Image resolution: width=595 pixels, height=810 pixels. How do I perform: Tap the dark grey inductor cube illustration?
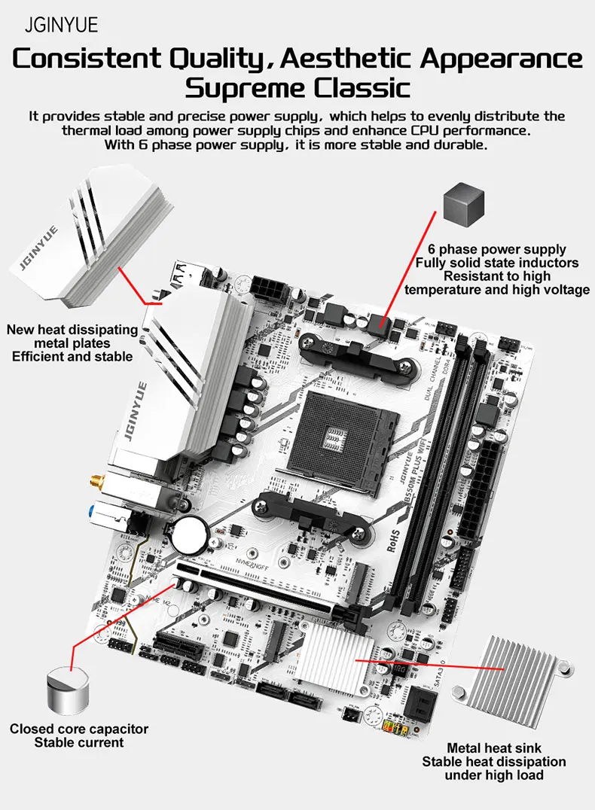coord(464,201)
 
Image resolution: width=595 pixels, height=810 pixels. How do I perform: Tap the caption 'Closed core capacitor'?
coord(79,729)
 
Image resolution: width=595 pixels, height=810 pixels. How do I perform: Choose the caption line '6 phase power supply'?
coord(497,249)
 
